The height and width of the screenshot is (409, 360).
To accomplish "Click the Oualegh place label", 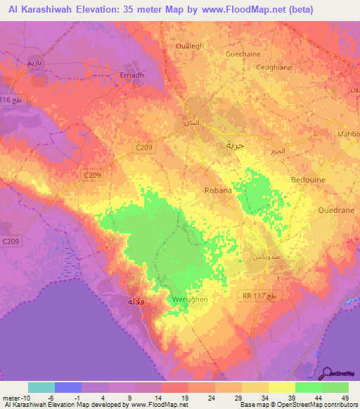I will [189, 47].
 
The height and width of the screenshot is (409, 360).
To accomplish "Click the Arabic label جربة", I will [234, 145].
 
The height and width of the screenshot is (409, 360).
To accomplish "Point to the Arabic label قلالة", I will [136, 301].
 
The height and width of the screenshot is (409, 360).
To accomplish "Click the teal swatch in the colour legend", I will [41, 387].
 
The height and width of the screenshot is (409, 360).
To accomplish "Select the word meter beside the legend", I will [11, 397].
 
